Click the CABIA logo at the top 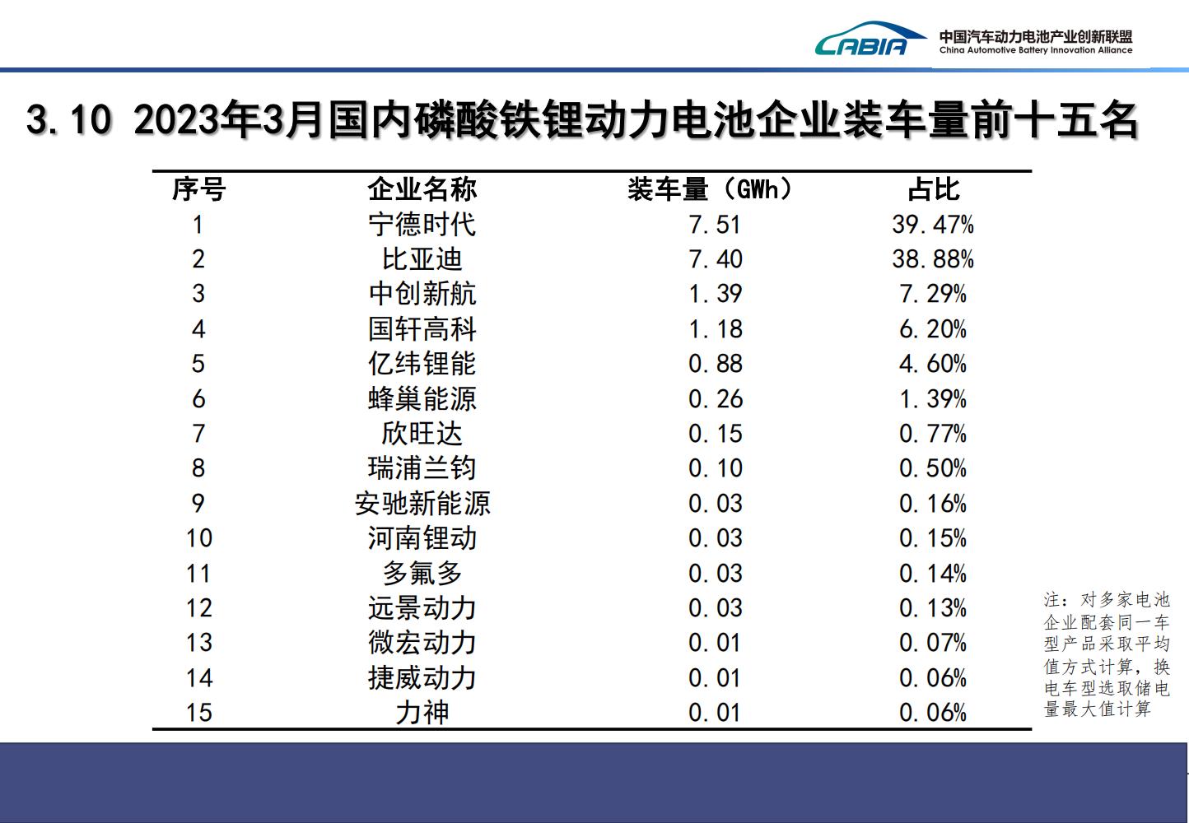(x=860, y=40)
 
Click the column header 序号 (x=198, y=189)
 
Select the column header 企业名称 (x=422, y=189)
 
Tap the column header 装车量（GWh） (x=709, y=189)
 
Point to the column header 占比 (x=933, y=189)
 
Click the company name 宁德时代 (x=422, y=225)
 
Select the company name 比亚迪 (x=422, y=259)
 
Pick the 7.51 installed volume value (x=715, y=225)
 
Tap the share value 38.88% (x=933, y=259)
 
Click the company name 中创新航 (x=422, y=294)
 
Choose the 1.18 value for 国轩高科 (x=715, y=329)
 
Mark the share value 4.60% (x=933, y=364)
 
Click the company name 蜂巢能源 (x=422, y=399)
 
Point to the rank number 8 (x=198, y=468)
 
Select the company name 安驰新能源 (x=422, y=504)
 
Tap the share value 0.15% (x=933, y=538)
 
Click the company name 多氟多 (x=422, y=573)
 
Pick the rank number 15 (x=198, y=713)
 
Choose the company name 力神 (x=422, y=713)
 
